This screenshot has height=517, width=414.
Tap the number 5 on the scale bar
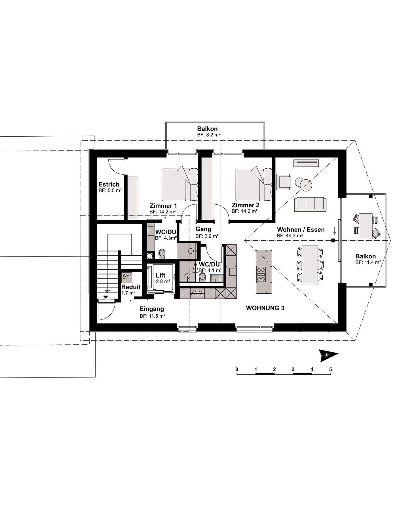tap(330, 369)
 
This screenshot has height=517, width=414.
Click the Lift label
tap(160, 275)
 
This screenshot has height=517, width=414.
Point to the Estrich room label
tap(109, 184)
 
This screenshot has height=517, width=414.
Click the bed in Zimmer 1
tap(180, 185)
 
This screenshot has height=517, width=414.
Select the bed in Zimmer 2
tap(254, 185)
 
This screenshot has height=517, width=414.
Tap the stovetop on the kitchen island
tap(261, 274)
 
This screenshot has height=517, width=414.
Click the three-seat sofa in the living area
tap(310, 205)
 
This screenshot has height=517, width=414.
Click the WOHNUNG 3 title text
tap(265, 308)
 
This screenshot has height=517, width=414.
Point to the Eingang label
tap(152, 309)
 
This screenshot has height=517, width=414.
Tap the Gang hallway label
tap(203, 229)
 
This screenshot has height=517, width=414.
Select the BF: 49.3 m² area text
tap(290, 236)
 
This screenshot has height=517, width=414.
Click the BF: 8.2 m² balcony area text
tap(209, 135)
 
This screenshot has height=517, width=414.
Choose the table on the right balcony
tap(366, 226)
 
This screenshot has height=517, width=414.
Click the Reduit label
tap(131, 287)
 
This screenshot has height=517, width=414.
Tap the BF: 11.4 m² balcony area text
tap(368, 262)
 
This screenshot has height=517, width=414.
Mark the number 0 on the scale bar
tap(237, 369)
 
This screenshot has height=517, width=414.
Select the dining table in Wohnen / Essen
tap(310, 264)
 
